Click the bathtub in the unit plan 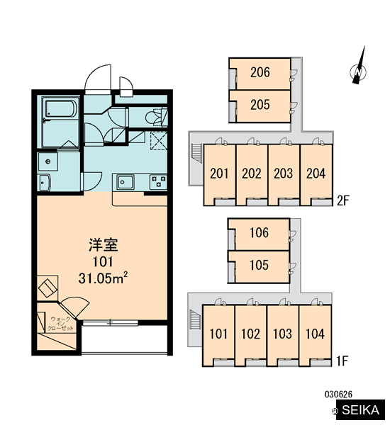(61, 109)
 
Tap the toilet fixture (156, 118)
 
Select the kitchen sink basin (125, 182)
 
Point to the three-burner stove (158, 182)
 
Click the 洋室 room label (103, 244)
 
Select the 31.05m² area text (103, 278)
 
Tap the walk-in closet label (60, 324)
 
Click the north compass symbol (358, 71)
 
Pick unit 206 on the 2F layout (260, 74)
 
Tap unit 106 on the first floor (259, 234)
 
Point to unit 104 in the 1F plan (315, 335)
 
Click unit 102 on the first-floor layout (251, 335)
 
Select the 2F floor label (342, 201)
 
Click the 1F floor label (342, 361)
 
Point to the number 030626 (338, 394)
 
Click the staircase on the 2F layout (196, 153)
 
